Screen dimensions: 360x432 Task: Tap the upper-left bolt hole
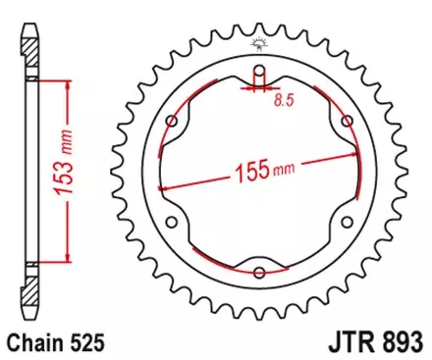173,122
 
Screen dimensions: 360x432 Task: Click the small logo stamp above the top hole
259,42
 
